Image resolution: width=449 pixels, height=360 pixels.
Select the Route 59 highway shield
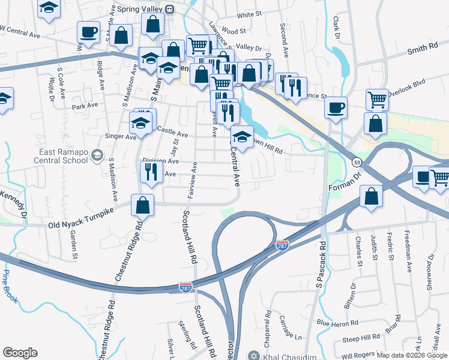pos(356,163)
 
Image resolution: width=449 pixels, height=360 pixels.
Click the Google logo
pos(20,353)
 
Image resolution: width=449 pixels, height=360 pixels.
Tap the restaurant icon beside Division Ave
pos(148,172)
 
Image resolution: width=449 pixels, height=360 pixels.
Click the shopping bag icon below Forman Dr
pos(372,196)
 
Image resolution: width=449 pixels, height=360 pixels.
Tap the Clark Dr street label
pos(336,28)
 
